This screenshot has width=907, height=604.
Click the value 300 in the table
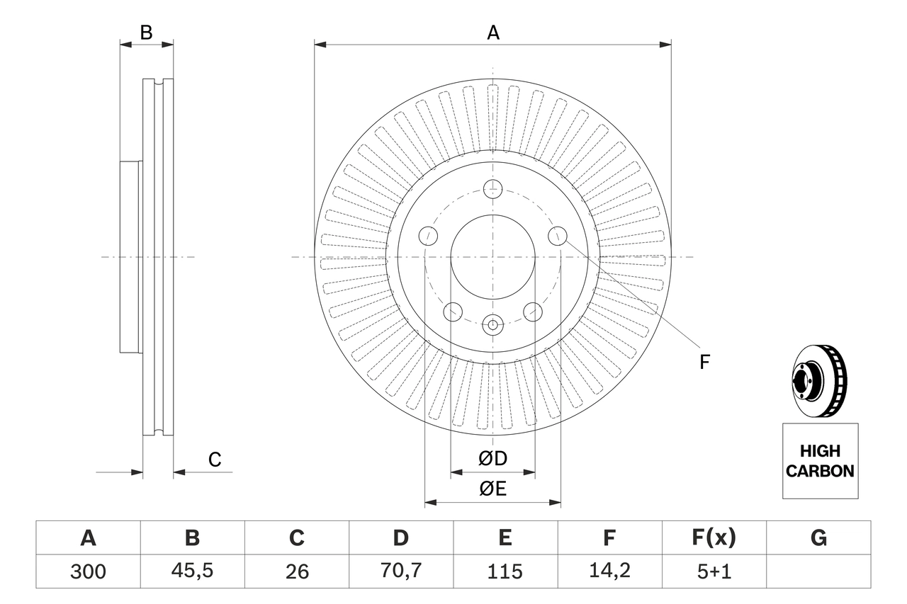click(x=88, y=571)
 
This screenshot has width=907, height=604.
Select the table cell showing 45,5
click(x=192, y=571)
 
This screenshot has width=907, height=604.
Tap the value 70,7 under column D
click(x=400, y=571)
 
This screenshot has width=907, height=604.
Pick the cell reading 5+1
click(x=714, y=571)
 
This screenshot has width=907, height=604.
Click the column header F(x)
click(x=714, y=538)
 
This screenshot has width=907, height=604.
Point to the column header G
click(x=818, y=538)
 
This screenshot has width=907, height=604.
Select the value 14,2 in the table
click(x=609, y=571)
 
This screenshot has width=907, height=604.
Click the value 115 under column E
click(x=505, y=571)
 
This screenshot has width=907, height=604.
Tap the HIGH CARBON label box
click(x=820, y=461)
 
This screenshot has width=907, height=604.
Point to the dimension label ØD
click(x=492, y=459)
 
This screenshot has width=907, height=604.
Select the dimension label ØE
click(x=492, y=489)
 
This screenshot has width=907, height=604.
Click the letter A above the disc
click(x=492, y=33)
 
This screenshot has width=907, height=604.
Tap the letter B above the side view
click(x=146, y=33)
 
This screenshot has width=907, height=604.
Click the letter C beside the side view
click(x=215, y=460)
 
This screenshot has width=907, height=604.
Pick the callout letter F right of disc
click(x=704, y=363)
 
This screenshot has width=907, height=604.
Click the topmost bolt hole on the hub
click(x=492, y=189)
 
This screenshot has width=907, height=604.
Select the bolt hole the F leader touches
click(x=558, y=235)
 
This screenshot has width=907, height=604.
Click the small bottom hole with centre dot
click(x=492, y=325)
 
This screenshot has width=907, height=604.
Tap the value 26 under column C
click(x=296, y=571)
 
